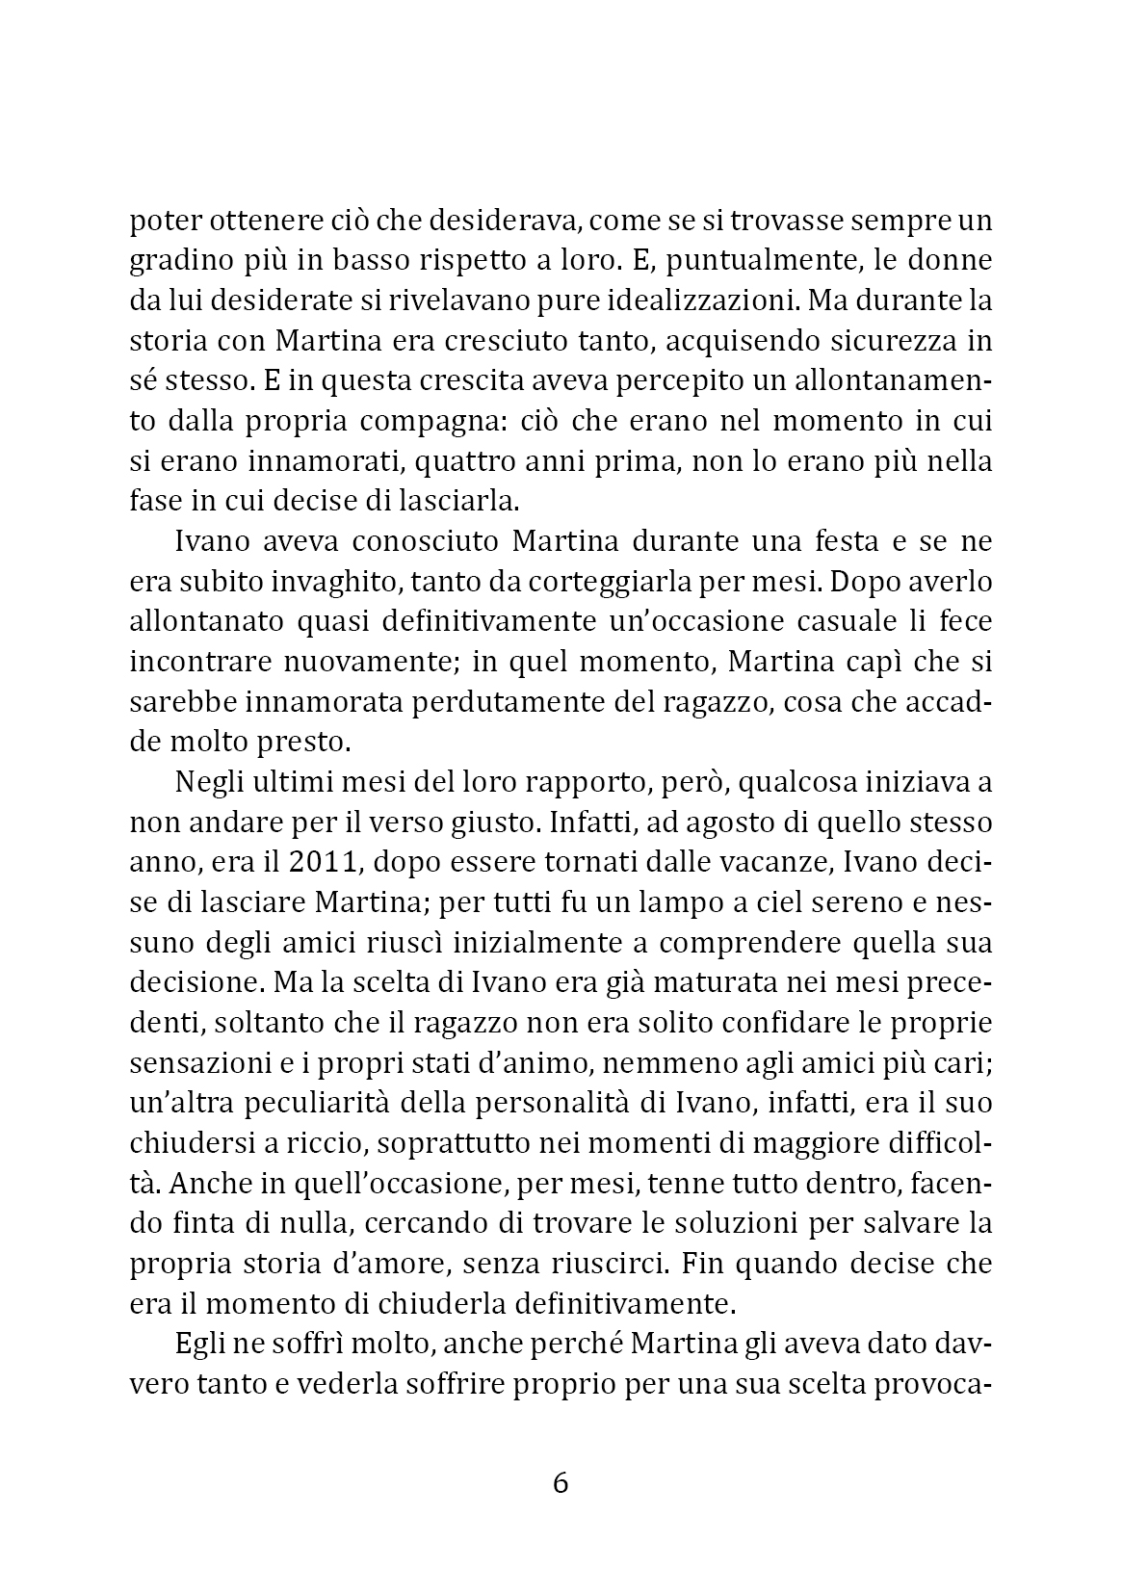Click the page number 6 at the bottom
click(561, 1481)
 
